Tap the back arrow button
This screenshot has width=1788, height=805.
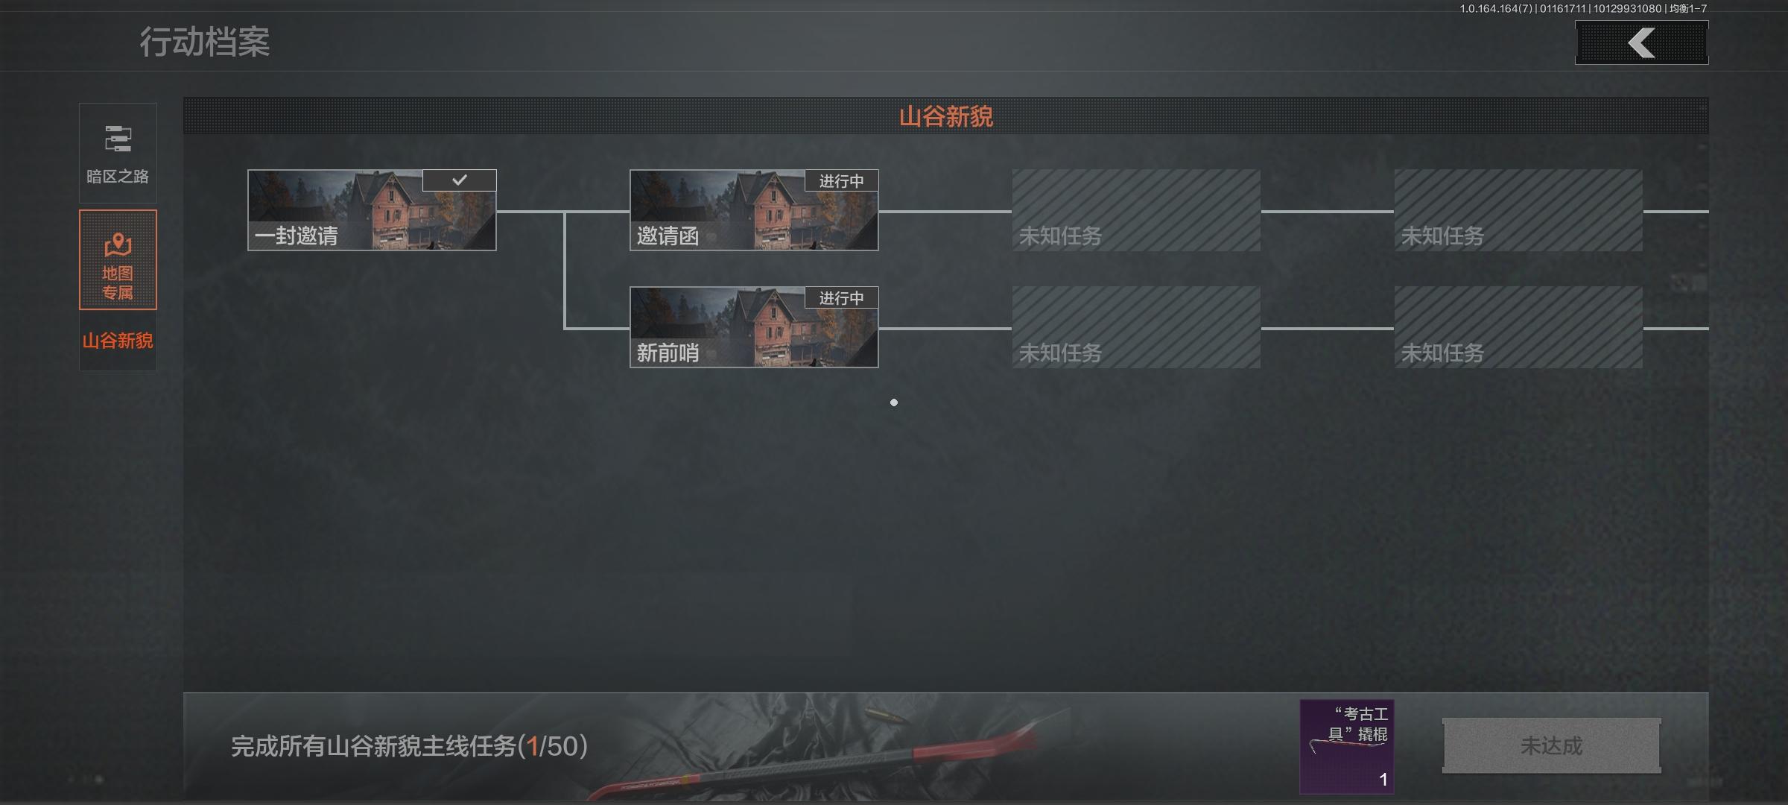[x=1641, y=42]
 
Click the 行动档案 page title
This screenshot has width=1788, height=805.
[x=205, y=42]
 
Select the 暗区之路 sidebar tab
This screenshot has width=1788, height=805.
[x=118, y=153]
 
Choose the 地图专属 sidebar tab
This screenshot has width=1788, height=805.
[x=118, y=259]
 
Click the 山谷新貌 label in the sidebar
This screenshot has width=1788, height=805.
[x=118, y=341]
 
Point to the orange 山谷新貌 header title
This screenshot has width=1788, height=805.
[x=945, y=116]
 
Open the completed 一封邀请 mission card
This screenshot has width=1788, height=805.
[x=371, y=210]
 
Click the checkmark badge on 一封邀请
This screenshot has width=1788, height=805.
[x=459, y=180]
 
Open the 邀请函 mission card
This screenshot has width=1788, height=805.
[x=753, y=210]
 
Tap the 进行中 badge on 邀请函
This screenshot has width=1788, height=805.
[x=841, y=181]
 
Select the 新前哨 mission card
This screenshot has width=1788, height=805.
[x=753, y=327]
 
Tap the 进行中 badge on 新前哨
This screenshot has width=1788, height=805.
[x=841, y=298]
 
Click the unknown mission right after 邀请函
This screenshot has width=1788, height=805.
[x=1135, y=210]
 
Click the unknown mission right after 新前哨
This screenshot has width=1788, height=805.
[x=1135, y=327]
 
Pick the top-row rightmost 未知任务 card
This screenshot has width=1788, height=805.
[x=1518, y=210]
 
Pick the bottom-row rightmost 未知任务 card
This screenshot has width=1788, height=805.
[x=1518, y=327]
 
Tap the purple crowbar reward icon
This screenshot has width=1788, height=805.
[x=1346, y=746]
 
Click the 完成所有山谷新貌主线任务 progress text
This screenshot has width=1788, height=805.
[x=409, y=746]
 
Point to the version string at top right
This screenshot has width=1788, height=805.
[x=1582, y=9]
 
